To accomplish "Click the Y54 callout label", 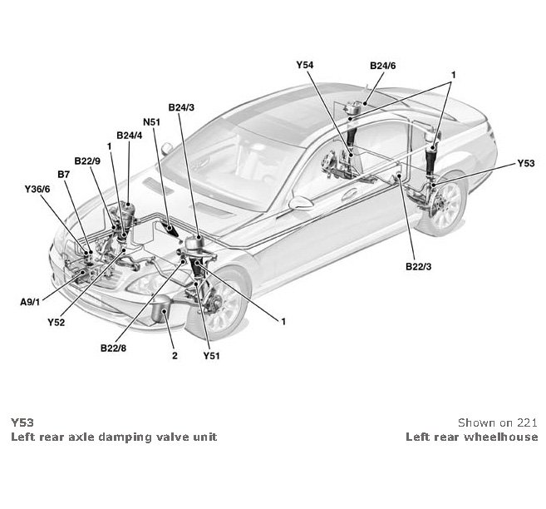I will click(x=306, y=64).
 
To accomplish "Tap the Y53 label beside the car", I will click(x=526, y=164).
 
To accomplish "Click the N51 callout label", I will click(x=150, y=122).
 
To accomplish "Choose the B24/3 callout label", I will click(x=181, y=107).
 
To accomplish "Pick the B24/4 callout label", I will click(x=130, y=135).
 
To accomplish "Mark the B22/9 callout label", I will click(x=87, y=161).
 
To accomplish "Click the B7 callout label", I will click(x=63, y=174).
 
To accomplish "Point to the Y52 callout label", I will click(x=57, y=320).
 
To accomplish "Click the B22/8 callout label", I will click(x=113, y=348).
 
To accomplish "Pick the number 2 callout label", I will click(x=175, y=356).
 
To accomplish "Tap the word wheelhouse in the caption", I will click(x=506, y=437).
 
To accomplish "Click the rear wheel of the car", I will click(x=441, y=205).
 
